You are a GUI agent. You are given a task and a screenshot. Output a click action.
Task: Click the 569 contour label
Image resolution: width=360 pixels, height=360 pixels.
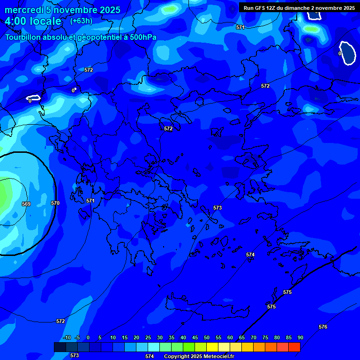coord(26,204)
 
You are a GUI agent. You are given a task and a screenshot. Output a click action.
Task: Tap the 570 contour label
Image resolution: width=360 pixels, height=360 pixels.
coord(55,203)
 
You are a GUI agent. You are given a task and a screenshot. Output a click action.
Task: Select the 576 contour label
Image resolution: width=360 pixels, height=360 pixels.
coord(323,327)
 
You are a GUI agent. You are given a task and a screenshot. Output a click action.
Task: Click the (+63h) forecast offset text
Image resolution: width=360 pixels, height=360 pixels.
coord(81,21)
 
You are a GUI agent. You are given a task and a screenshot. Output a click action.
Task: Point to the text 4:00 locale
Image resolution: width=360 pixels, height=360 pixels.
coord(33,21)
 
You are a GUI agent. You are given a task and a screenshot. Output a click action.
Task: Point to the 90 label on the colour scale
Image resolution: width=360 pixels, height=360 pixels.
coord(300,337)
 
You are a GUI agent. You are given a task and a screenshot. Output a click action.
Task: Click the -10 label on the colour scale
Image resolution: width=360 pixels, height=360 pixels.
coord(67,337)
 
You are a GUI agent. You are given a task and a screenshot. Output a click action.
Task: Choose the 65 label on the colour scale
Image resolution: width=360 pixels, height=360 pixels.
coord(242,337)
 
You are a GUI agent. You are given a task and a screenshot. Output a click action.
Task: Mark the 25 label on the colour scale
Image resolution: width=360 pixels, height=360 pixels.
coord(148,337)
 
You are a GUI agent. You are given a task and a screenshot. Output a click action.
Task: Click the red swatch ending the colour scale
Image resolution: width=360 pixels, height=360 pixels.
coord(294,347)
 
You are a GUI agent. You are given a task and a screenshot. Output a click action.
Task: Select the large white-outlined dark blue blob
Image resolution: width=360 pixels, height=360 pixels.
coord(348,52)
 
